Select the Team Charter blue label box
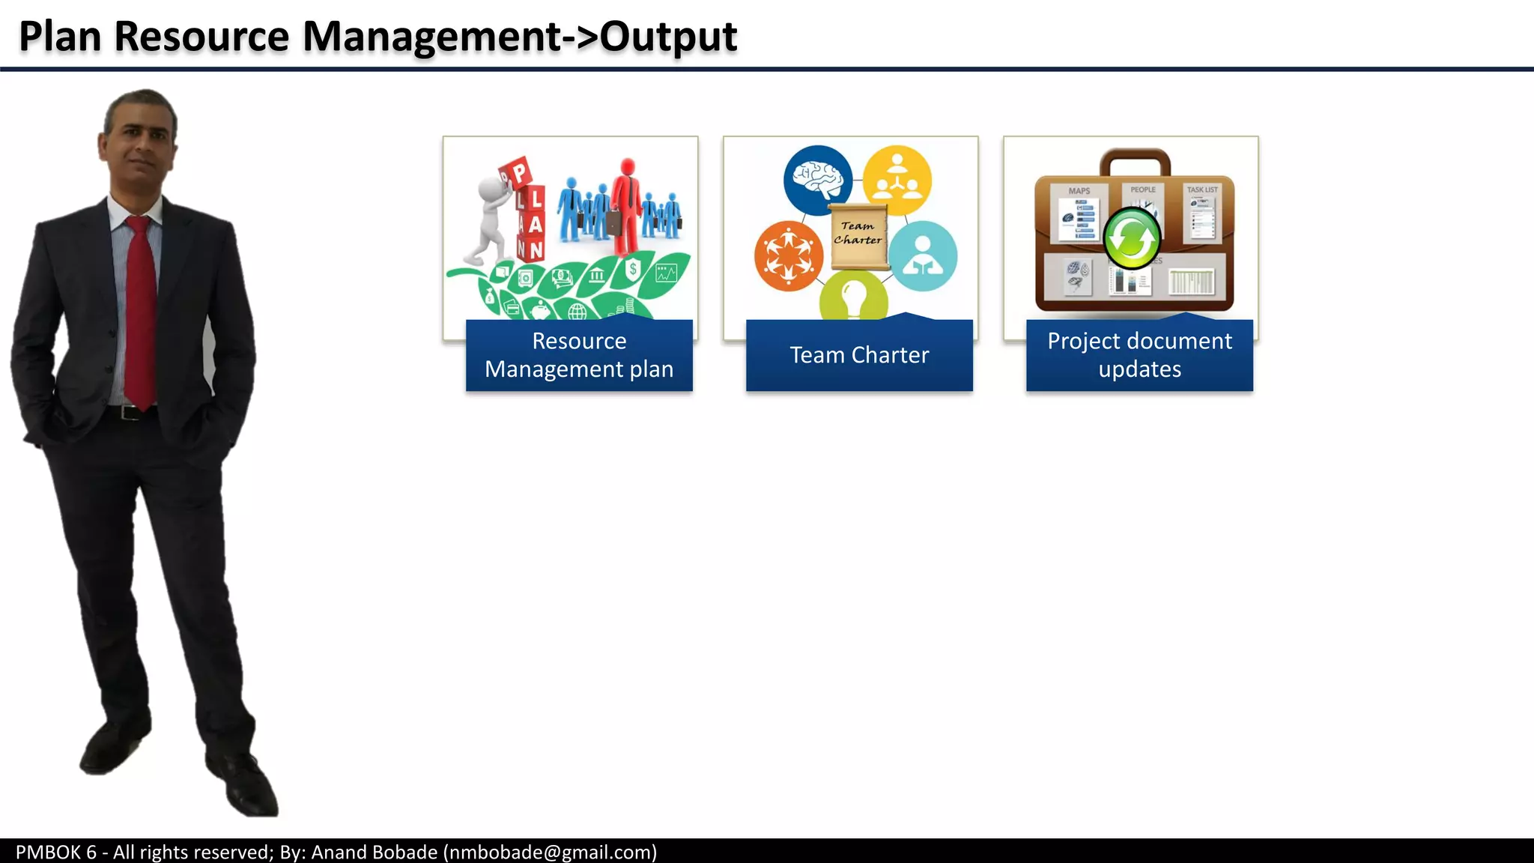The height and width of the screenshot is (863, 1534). coord(859,355)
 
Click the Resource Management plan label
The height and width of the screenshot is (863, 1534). coord(579,355)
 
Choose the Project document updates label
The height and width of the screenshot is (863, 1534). coord(1139,355)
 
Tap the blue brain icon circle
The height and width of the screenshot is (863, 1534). coord(817,180)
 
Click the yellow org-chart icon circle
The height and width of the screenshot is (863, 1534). coord(897,180)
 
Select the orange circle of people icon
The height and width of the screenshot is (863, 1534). coord(788,255)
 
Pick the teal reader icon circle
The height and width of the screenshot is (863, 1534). coord(923,256)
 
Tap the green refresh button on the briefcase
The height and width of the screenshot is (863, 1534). coord(1132,239)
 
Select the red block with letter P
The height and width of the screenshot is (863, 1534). coord(518,173)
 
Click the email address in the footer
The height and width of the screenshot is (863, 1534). coord(551,852)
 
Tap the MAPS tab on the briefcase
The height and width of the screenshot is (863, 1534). coord(1079,191)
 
